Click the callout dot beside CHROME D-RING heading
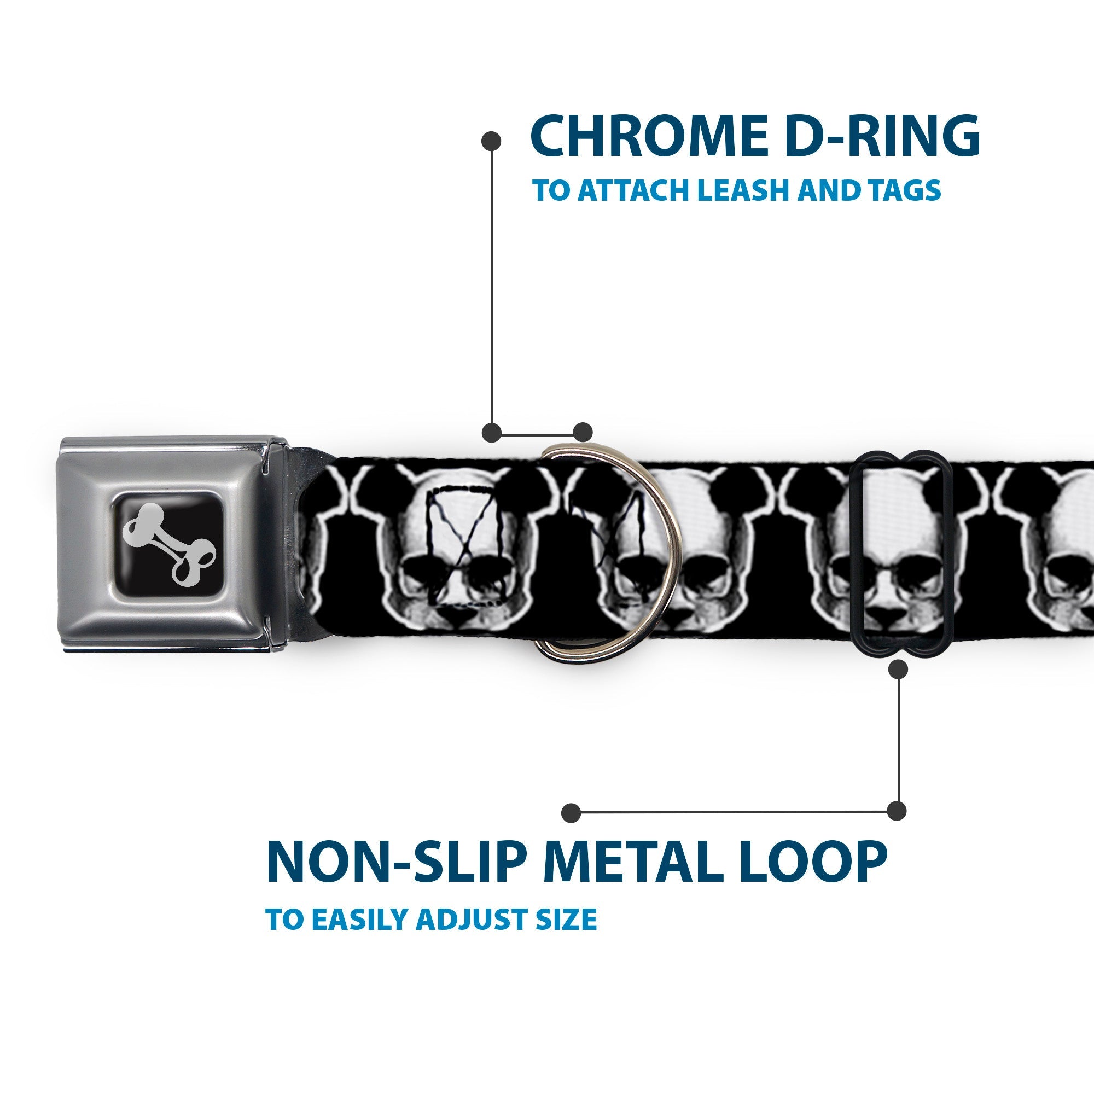492,141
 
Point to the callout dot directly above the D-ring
583,432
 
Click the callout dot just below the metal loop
898,671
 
